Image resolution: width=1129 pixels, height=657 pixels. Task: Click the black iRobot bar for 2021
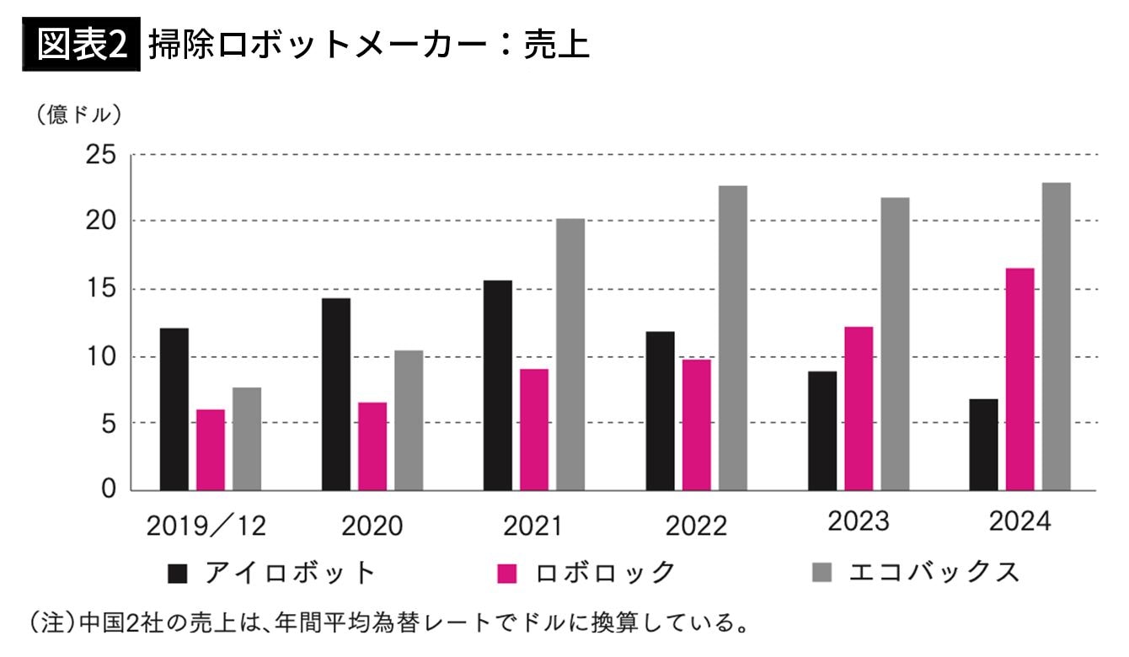pyautogui.click(x=497, y=385)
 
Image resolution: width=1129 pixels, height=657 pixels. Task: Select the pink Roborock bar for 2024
pyautogui.click(x=1019, y=379)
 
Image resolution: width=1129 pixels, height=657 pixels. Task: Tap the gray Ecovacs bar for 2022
pyautogui.click(x=732, y=338)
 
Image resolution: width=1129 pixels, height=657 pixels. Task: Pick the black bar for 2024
pyautogui.click(x=983, y=444)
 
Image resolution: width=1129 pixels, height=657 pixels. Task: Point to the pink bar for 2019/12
pyautogui.click(x=211, y=450)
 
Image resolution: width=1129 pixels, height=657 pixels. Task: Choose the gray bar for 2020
pyautogui.click(x=409, y=420)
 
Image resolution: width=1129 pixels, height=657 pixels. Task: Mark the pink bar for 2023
pyautogui.click(x=859, y=409)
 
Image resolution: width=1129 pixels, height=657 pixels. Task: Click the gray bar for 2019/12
pyautogui.click(x=247, y=439)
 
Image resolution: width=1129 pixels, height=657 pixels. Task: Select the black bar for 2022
pyautogui.click(x=660, y=410)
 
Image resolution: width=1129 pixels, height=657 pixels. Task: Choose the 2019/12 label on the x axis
pyautogui.click(x=206, y=526)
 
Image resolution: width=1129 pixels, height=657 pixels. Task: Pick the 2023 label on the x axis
pyautogui.click(x=858, y=521)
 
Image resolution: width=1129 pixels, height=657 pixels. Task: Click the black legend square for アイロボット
pyautogui.click(x=178, y=574)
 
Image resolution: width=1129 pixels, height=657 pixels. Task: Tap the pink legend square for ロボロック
pyautogui.click(x=506, y=574)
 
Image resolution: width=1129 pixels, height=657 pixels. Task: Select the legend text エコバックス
pyautogui.click(x=934, y=573)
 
